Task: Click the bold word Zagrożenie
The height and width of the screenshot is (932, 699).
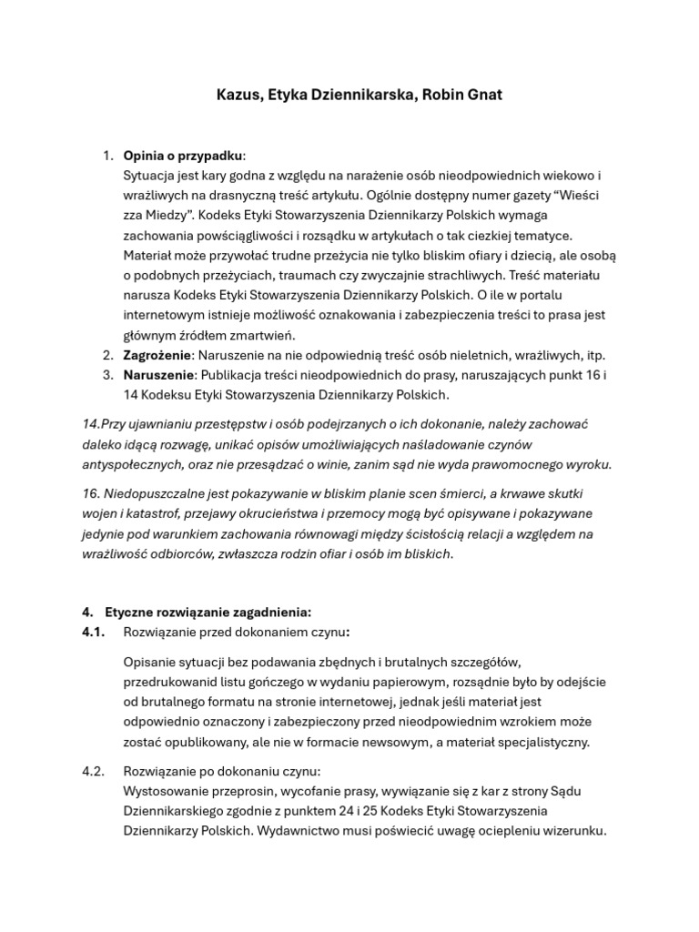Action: coord(157,355)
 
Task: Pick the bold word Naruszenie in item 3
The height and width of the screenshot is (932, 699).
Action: coord(158,375)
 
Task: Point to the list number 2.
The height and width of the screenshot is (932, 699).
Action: coord(107,355)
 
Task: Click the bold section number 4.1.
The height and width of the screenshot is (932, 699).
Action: coord(95,632)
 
